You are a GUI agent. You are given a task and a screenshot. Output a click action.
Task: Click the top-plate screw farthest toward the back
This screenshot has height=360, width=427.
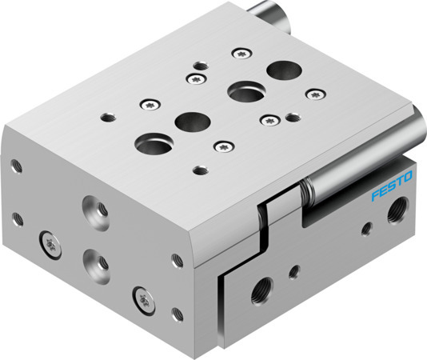[x=240, y=54]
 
